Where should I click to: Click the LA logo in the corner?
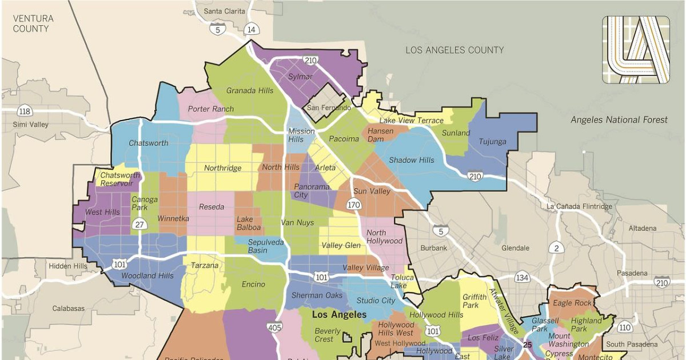point(636,50)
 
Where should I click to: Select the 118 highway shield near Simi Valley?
point(24,111)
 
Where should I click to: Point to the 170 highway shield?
point(354,204)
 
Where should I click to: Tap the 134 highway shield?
point(521,278)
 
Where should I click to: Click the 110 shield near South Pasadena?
point(625,327)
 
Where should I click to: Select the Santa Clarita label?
point(225,11)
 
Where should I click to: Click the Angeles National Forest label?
point(619,119)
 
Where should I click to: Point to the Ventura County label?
point(33,23)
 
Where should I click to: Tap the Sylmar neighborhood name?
point(301,77)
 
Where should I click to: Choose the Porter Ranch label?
point(210,109)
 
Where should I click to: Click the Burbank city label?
point(434,248)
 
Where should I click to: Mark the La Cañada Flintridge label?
point(579,206)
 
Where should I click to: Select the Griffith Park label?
point(474,301)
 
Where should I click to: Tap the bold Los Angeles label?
point(339,315)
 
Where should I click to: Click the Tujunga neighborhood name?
point(492,142)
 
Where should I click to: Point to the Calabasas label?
point(69,308)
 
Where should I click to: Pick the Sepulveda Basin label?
point(266,246)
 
